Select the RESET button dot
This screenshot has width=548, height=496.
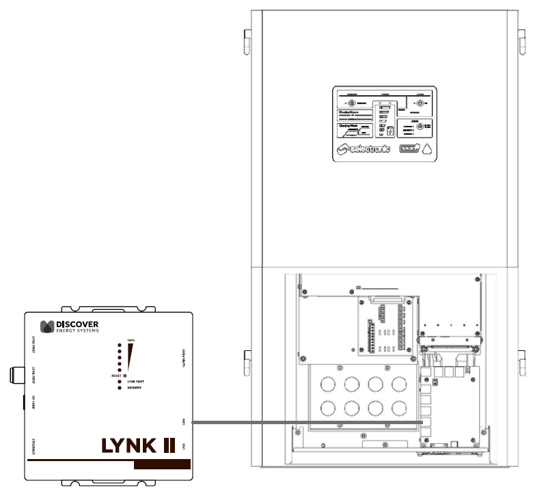125,376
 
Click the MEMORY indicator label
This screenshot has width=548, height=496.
135,388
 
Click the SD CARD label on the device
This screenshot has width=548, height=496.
32,403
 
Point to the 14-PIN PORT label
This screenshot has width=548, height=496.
185,359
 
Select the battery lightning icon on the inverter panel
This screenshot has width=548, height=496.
390,131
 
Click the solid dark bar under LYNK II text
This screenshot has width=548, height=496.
162,465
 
